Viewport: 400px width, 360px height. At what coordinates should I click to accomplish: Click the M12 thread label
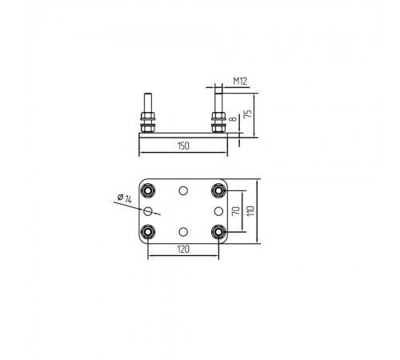(x=240, y=81)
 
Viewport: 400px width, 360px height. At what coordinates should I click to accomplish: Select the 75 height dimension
(x=248, y=114)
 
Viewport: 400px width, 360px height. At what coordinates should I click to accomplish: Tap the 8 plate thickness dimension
(x=234, y=118)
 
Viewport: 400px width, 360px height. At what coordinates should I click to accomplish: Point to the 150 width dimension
(x=183, y=146)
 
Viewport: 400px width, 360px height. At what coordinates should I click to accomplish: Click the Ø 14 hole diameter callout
(x=125, y=198)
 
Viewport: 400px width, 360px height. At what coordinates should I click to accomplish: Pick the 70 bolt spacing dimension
(x=236, y=211)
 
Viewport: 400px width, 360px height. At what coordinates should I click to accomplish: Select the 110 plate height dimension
(x=250, y=211)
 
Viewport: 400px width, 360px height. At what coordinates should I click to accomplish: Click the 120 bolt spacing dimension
(x=183, y=250)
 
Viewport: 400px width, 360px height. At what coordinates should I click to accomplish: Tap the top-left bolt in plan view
(x=147, y=190)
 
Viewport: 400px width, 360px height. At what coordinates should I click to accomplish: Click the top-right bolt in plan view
(x=218, y=190)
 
